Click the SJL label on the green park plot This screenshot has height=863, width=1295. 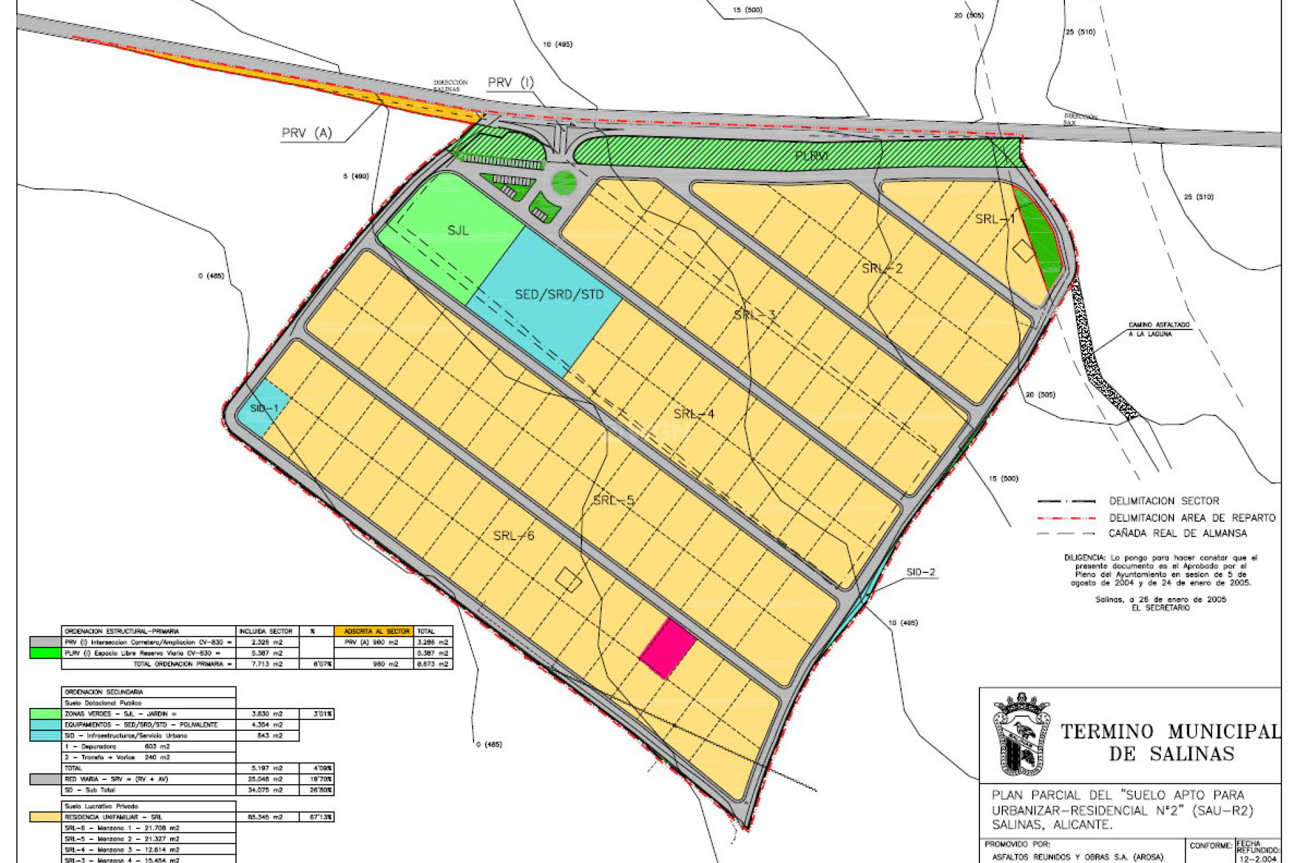point(457,231)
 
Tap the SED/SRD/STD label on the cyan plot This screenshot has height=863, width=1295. point(558,295)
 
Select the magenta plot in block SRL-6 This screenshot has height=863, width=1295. point(667,649)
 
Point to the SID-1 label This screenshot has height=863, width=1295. point(264,409)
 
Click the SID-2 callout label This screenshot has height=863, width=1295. point(921,572)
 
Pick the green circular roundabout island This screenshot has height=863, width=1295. point(564,182)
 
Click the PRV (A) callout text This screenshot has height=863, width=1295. point(307,133)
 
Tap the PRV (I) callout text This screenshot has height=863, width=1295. point(511,82)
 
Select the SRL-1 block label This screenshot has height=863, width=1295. point(995,219)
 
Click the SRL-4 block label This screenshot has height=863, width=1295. point(693,414)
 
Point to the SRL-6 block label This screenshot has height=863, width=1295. point(513,536)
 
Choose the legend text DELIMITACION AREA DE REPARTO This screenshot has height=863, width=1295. point(1192,518)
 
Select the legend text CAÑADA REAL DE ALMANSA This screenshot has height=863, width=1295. point(1177,533)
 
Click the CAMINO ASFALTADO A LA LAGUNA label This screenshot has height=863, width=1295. point(1159,329)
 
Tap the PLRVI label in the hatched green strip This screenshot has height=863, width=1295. point(811,156)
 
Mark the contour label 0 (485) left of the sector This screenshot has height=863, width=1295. point(211,276)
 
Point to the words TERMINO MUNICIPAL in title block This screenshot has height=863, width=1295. point(1170,732)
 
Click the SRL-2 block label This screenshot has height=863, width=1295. point(882,268)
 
